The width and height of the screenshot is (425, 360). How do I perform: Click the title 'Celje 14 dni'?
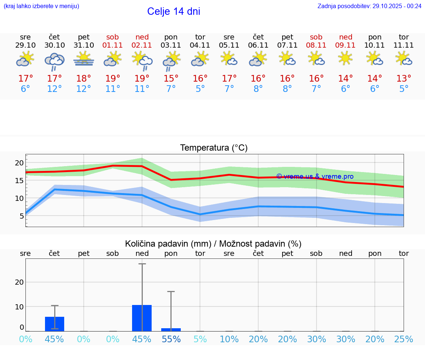(173, 11)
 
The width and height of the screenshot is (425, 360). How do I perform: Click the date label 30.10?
(55, 45)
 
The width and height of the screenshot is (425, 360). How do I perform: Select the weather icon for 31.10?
(84, 59)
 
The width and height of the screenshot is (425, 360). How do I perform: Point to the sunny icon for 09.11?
(346, 58)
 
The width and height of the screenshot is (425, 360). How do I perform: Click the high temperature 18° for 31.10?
(84, 79)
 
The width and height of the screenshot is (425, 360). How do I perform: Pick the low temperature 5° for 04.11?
(200, 89)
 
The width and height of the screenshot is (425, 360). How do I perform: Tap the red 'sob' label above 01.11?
(113, 37)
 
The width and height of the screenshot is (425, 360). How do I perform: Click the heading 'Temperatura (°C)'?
(214, 148)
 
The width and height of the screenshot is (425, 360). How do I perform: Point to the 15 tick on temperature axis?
(19, 181)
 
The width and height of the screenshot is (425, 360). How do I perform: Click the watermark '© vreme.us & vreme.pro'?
(315, 176)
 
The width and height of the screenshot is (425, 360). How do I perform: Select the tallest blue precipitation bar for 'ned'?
(142, 318)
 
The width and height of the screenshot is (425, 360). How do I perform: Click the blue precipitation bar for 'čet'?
(55, 324)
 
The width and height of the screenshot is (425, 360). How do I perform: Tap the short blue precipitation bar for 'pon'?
(171, 330)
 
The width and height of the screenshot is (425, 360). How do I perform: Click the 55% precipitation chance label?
(171, 339)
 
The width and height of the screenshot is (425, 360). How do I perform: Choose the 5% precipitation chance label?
(200, 339)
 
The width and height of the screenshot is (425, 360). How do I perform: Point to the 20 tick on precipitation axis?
(19, 282)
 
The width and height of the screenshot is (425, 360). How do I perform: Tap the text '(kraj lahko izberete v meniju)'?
(41, 6)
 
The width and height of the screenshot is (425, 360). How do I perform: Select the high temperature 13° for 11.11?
(404, 79)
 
